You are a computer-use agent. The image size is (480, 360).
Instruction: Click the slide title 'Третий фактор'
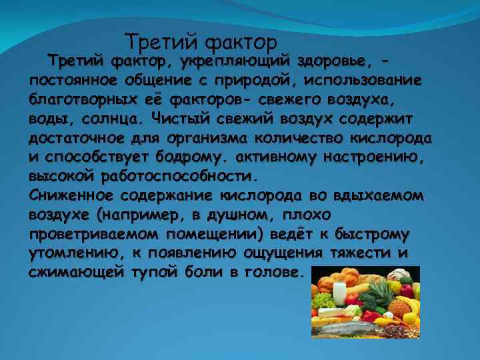[x=201, y=43]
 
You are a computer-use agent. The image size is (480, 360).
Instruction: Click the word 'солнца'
[x=112, y=120]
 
